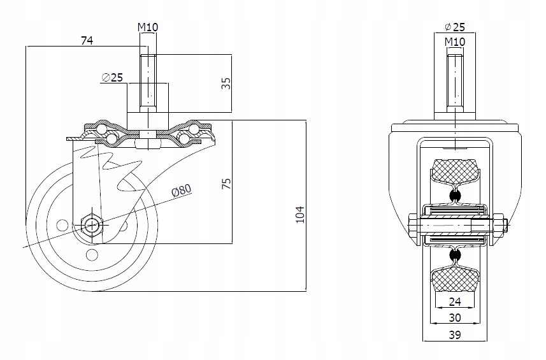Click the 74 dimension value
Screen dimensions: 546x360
click(x=87, y=41)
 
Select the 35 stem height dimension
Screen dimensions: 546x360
click(x=226, y=83)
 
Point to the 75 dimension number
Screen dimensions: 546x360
click(x=226, y=184)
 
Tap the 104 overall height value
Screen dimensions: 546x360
click(x=300, y=215)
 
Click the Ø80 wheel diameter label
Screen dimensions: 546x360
click(x=182, y=190)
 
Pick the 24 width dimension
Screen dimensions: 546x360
click(x=455, y=301)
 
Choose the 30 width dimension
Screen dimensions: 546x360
click(x=455, y=317)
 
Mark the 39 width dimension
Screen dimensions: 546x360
click(x=455, y=335)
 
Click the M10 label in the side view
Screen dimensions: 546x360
click(x=148, y=27)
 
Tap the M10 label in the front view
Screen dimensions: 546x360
click(x=455, y=42)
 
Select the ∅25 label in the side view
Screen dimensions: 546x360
click(x=112, y=77)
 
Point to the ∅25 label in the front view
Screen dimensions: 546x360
click(x=455, y=27)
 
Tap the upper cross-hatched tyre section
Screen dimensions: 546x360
click(x=454, y=171)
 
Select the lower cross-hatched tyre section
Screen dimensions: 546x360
click(x=454, y=279)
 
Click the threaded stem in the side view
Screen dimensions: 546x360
click(x=148, y=84)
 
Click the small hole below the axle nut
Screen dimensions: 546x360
click(x=92, y=256)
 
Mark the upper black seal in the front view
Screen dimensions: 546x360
click(x=454, y=196)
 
